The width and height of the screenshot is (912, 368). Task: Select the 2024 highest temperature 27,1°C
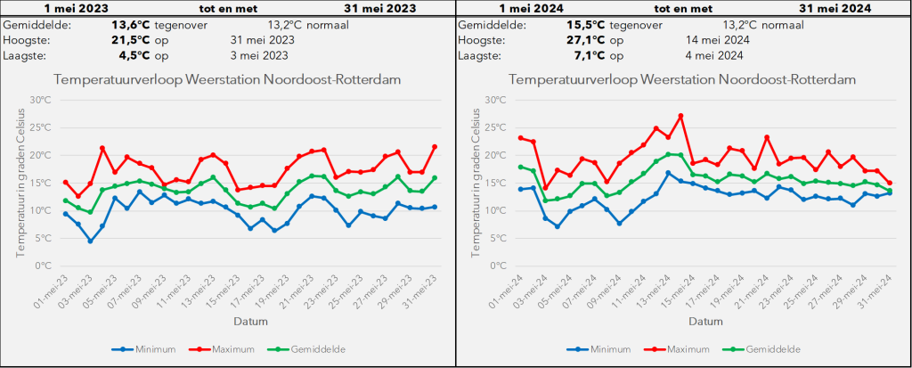coord(586,40)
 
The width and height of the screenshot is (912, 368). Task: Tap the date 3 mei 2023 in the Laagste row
coord(259,55)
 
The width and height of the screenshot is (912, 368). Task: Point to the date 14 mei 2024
coord(718,40)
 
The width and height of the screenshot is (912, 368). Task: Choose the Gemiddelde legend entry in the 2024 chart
coord(767,349)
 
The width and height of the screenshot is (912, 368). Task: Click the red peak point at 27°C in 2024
coord(680,116)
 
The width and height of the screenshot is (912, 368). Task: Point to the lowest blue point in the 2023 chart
coord(90,241)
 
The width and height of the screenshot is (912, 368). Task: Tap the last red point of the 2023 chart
coord(435,147)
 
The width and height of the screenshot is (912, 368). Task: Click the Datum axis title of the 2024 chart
coord(706,321)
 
